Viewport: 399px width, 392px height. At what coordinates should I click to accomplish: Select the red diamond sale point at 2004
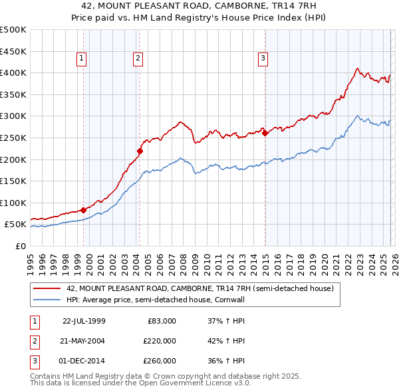(x=140, y=151)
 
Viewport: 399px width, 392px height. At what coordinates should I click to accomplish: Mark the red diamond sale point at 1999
(x=83, y=210)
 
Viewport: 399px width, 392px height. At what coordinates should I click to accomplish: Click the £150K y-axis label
(x=14, y=181)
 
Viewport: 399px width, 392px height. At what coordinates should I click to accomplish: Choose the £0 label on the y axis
(x=20, y=246)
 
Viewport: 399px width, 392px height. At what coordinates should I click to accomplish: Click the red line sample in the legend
(x=47, y=289)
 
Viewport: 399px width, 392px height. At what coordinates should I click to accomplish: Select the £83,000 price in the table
(x=160, y=321)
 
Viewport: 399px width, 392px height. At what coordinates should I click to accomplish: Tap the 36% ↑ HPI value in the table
(x=226, y=361)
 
